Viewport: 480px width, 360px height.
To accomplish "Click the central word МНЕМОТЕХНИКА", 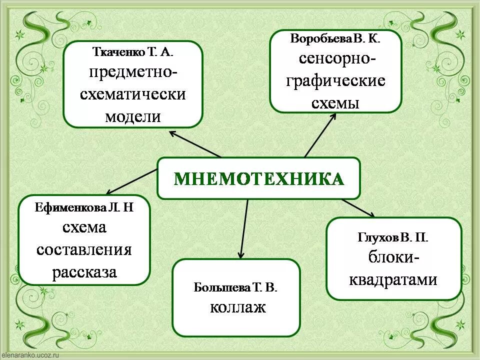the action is click(258, 178).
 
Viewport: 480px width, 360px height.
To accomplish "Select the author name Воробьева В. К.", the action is click(335, 39).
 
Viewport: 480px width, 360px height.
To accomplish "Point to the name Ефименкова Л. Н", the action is click(84, 207).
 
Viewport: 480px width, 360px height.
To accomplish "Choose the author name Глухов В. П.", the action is click(393, 236).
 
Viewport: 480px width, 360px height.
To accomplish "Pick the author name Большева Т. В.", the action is click(235, 287).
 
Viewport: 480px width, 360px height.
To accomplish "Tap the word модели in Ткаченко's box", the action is click(133, 116).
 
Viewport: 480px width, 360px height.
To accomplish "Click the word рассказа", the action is click(84, 272).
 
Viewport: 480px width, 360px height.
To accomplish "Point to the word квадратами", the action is click(393, 279).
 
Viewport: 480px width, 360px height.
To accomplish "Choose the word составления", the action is click(84, 249).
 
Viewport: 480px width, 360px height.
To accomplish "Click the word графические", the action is click(335, 81).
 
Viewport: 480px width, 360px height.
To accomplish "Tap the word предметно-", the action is click(133, 72).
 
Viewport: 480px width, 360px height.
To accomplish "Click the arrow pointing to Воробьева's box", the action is click(320, 135).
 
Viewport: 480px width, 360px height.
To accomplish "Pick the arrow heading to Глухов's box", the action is click(358, 207).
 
